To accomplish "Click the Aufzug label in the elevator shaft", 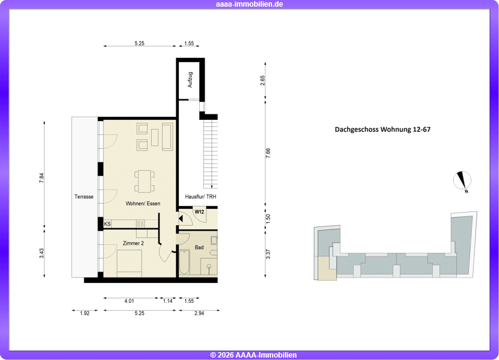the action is click(x=190, y=79).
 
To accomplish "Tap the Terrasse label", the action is click(x=84, y=197).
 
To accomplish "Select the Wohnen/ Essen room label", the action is click(x=143, y=203).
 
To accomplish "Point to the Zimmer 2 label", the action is click(x=134, y=243).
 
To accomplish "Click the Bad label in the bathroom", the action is click(x=199, y=247).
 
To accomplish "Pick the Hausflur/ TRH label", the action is click(x=200, y=197).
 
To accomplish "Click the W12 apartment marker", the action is click(x=199, y=212).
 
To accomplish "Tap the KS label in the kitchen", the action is click(x=108, y=224).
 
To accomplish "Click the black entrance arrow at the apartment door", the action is click(x=181, y=219).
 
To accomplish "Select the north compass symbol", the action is click(x=462, y=181).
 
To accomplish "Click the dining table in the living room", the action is click(x=144, y=181).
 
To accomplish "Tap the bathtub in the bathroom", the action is click(x=184, y=262).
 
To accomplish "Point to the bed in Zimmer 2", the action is click(x=129, y=263).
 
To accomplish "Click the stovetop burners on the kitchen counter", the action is click(x=140, y=224).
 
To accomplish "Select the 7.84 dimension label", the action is click(x=42, y=178).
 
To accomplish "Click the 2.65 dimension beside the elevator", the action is click(x=262, y=80).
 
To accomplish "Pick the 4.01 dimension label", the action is click(x=129, y=301).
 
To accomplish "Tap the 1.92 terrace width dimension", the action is click(x=85, y=313).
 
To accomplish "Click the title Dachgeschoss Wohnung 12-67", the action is click(x=382, y=129).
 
